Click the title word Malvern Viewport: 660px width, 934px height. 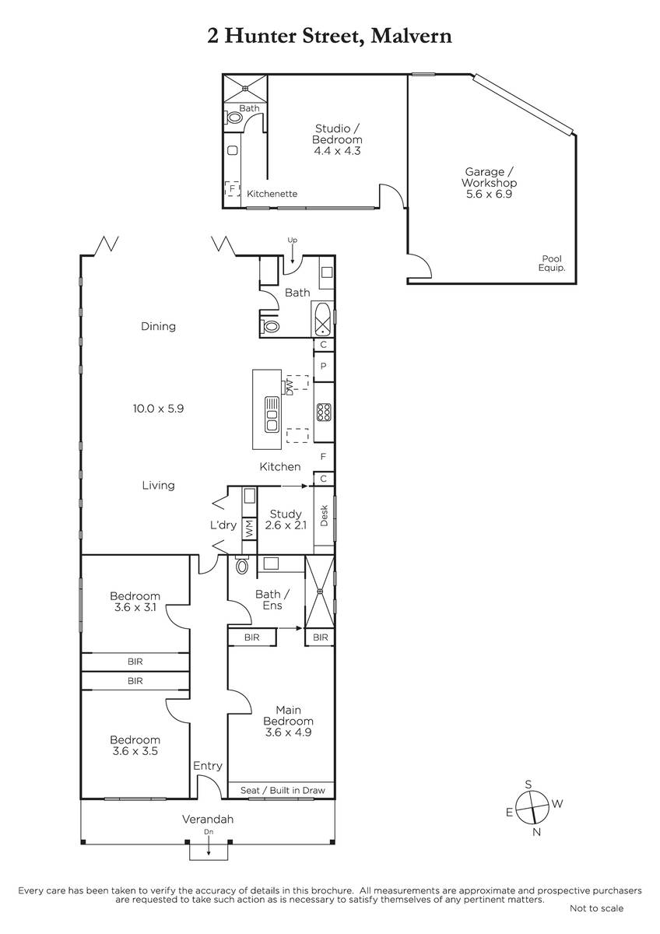coord(411,37)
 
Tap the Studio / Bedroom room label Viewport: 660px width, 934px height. coord(337,134)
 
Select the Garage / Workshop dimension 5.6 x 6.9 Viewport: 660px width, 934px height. coord(489,194)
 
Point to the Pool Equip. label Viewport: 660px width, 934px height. coord(552,263)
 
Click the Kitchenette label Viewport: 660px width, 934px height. coord(272,194)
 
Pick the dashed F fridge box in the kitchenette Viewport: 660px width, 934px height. coord(232,188)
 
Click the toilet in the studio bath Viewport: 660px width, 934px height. coord(233,118)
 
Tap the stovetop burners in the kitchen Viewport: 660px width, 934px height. coord(324,412)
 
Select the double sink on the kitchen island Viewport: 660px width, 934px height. coord(272,414)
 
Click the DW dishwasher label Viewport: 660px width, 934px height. coord(290,386)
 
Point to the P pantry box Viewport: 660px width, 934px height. coord(324,366)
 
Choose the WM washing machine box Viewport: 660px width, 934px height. coord(249,529)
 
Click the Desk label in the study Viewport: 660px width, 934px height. coord(325,515)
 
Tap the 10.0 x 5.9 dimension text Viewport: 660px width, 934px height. coord(158,409)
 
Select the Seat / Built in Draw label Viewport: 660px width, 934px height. coord(283,790)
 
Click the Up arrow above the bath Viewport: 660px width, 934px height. coord(293,254)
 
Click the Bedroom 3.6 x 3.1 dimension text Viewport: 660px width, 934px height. coord(135,607)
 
